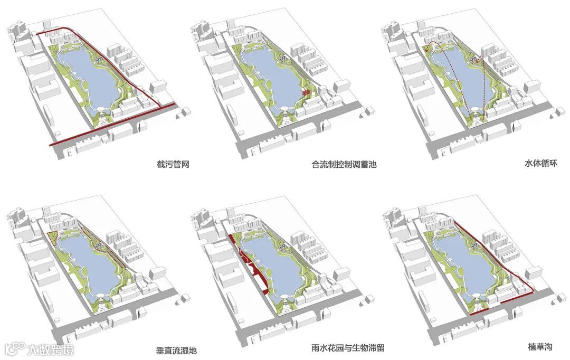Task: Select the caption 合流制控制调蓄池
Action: [344, 164]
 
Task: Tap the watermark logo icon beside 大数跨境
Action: [15, 349]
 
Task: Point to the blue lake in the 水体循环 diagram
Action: [464, 79]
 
